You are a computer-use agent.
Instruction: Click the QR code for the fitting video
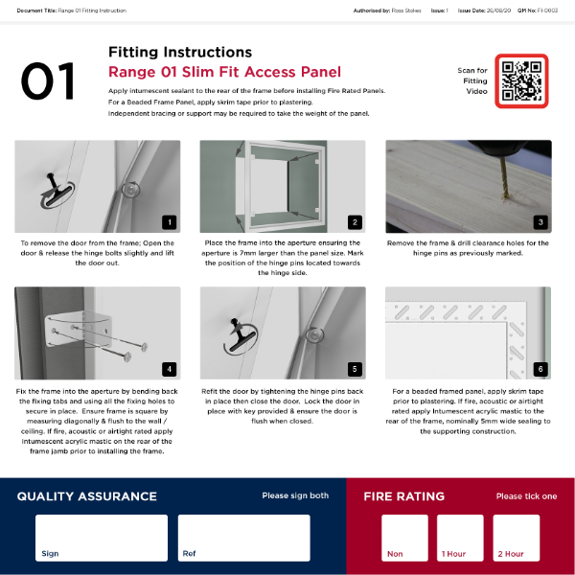[521, 80]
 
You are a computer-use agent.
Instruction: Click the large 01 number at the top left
[48, 81]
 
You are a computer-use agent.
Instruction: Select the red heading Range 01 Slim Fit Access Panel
[224, 71]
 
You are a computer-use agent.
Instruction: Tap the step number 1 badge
[169, 222]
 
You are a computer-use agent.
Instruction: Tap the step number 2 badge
[355, 222]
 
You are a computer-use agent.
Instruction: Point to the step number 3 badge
[540, 222]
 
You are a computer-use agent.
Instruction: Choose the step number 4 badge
[169, 368]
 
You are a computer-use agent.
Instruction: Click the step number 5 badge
[355, 368]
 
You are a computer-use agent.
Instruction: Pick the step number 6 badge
[540, 368]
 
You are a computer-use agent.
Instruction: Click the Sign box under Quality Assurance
[102, 538]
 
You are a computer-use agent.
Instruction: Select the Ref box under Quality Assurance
[243, 538]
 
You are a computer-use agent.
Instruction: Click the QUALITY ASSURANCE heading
[87, 496]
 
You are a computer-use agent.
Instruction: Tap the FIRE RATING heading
[403, 496]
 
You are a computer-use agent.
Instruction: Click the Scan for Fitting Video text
[472, 80]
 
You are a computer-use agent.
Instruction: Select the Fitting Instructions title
[180, 52]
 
